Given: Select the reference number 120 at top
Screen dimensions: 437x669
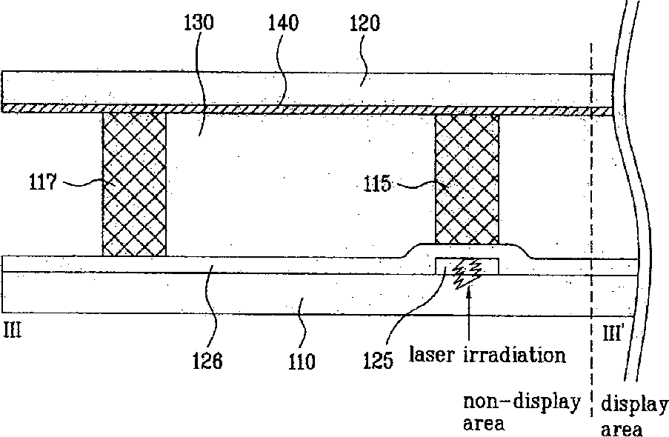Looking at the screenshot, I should [362, 23].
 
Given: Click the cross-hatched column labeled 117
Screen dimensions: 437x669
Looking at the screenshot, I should [134, 184].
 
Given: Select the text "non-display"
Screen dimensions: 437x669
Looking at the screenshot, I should [522, 402].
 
